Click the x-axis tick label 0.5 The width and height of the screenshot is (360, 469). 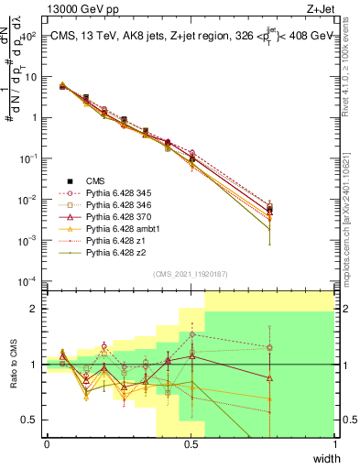(191, 444)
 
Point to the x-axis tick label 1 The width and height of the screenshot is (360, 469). (334, 444)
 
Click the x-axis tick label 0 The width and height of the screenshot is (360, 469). (47, 444)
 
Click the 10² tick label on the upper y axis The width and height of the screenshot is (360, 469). (29, 36)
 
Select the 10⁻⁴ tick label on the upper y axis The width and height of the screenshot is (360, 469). (29, 280)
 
